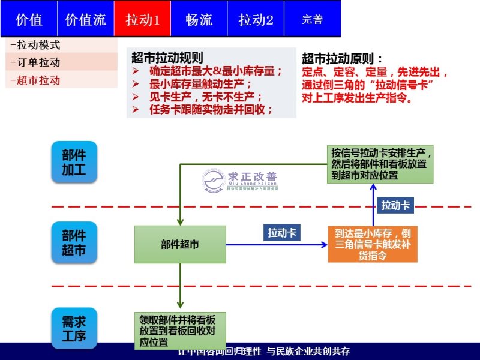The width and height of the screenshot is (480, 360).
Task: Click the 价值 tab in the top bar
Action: click(29, 19)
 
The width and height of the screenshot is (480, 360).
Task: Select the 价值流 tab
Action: click(85, 19)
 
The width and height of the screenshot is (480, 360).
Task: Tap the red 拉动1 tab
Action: click(142, 19)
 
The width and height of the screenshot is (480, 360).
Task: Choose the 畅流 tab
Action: click(199, 19)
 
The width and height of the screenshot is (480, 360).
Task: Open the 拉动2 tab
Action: click(256, 19)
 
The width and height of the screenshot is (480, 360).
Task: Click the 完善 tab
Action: click(312, 19)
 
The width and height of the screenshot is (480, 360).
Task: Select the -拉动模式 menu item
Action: click(36, 45)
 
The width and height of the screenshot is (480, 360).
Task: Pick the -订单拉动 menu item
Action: click(36, 62)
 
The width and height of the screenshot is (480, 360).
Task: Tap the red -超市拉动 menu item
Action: click(36, 80)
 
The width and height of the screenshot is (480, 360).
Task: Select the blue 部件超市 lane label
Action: click(74, 242)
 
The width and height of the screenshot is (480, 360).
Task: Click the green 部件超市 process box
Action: click(180, 244)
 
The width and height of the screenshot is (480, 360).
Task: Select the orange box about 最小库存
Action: click(372, 244)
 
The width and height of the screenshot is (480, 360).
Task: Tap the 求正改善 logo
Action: click(240, 180)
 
